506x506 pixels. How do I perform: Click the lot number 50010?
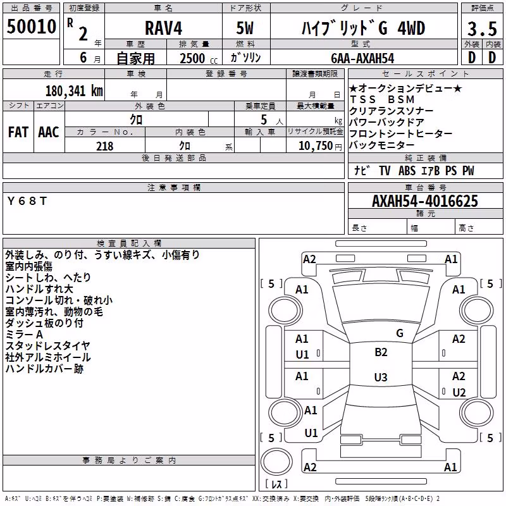pos(31,27)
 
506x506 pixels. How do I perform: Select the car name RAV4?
pos(163,28)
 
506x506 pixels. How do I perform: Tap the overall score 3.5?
pos(482,28)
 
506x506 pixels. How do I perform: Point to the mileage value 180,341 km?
pos(74,91)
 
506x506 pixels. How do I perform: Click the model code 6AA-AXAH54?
pos(362,58)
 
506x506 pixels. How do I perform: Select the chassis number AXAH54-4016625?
pos(425,201)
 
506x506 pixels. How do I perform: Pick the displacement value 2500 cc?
pos(199,59)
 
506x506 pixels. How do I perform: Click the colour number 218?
pos(104,146)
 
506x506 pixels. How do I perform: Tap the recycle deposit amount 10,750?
pos(315,146)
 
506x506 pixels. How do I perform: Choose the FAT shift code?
pos(18,132)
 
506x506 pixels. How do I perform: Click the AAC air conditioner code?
pos(49,132)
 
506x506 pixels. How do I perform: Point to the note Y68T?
pos(27,201)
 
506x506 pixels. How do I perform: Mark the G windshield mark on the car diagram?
pos(400,333)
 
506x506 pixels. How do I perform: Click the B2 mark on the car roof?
pos(381,352)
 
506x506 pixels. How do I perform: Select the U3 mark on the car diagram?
pos(381,377)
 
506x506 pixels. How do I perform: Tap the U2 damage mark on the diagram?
pos(459,392)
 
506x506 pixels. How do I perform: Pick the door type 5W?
pos(245,28)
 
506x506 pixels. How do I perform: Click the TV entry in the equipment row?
pos(385,170)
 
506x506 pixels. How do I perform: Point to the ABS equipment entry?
pos(407,170)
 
